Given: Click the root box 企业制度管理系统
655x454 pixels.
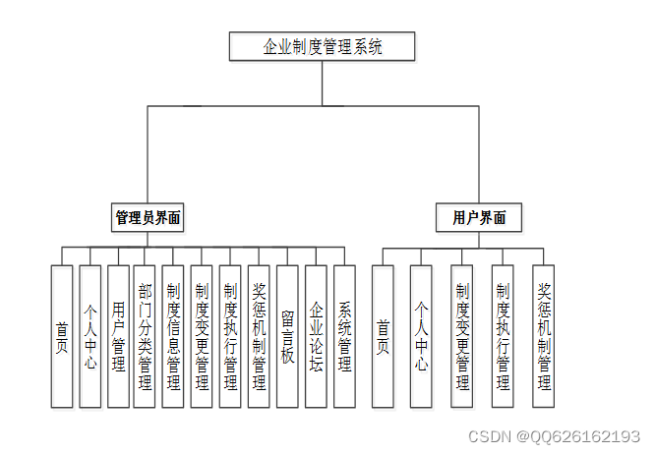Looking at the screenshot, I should [323, 46].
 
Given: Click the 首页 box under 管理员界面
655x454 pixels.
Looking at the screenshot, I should [62, 336].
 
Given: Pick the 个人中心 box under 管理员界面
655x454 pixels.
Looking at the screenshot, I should [89, 336].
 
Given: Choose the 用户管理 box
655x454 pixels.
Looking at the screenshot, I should [118, 336].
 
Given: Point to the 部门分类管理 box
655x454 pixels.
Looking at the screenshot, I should [145, 336].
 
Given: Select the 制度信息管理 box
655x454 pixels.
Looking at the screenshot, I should [173, 336].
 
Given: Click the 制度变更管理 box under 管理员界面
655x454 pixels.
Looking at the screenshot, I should [202, 336].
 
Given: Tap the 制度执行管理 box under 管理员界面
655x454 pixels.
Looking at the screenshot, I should [230, 336].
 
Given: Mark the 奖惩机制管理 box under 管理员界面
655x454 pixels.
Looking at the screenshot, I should [259, 336].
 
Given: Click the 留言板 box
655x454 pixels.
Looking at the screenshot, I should [287, 336].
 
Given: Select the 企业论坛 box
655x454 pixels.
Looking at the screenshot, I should [316, 336].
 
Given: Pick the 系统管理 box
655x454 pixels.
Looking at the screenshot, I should [344, 336].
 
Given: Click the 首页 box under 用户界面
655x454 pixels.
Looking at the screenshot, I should [383, 336].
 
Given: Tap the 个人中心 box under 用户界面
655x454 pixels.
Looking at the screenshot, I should [421, 336].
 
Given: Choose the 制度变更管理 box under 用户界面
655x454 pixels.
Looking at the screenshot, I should [462, 336].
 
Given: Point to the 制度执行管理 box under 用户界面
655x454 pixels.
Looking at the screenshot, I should [503, 336].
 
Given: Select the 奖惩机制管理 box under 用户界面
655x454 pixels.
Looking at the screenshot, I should [544, 336].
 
